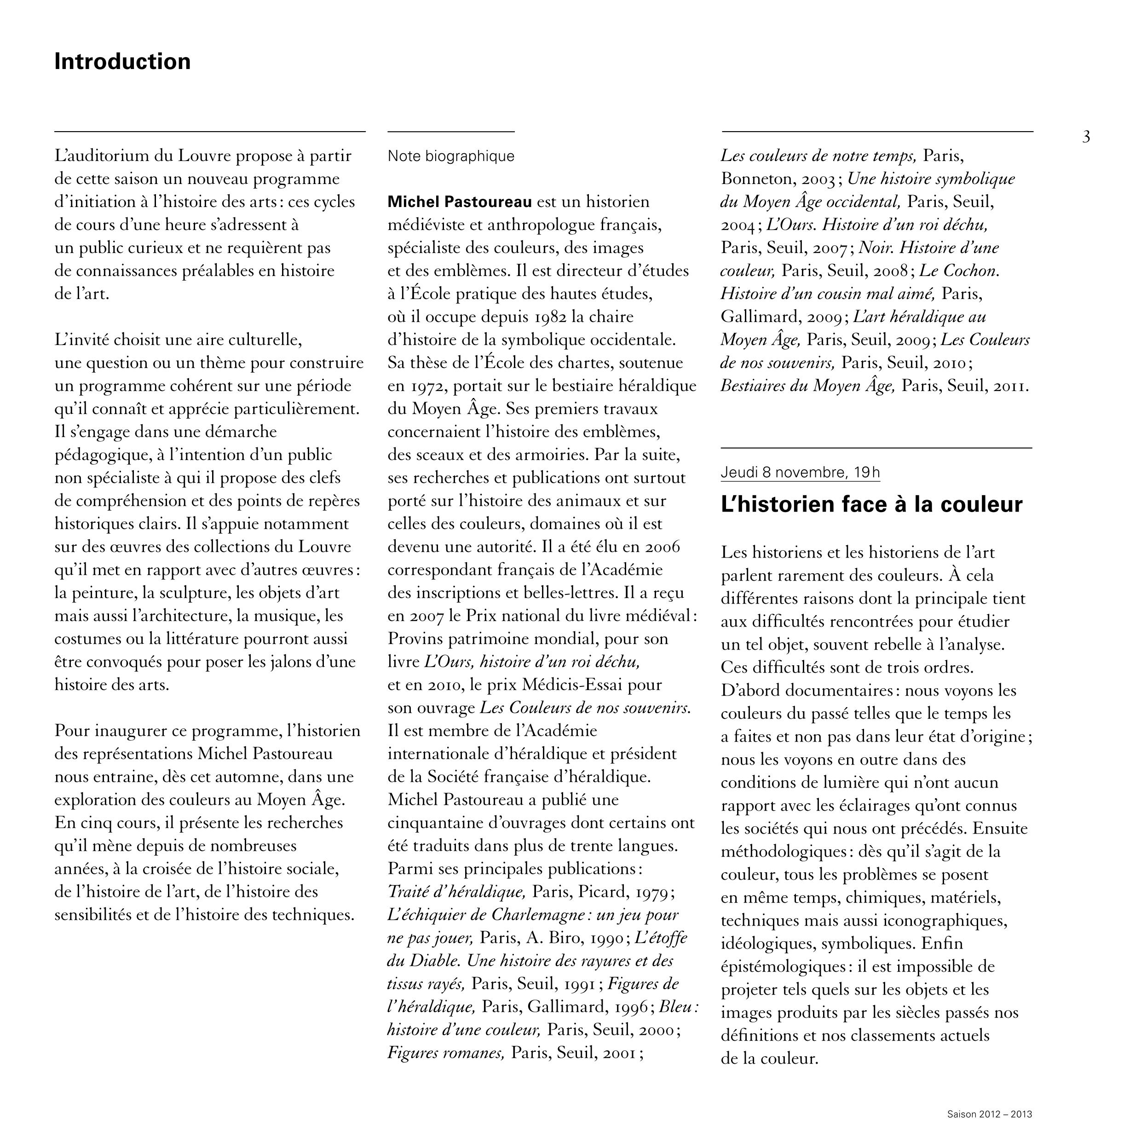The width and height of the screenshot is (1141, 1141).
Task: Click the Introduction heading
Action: [x=122, y=61]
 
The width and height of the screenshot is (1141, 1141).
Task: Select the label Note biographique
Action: [x=450, y=156]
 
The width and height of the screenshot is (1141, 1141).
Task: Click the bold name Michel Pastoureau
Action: [x=460, y=202]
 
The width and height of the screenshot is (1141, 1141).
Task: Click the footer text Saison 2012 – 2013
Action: [x=989, y=1114]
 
